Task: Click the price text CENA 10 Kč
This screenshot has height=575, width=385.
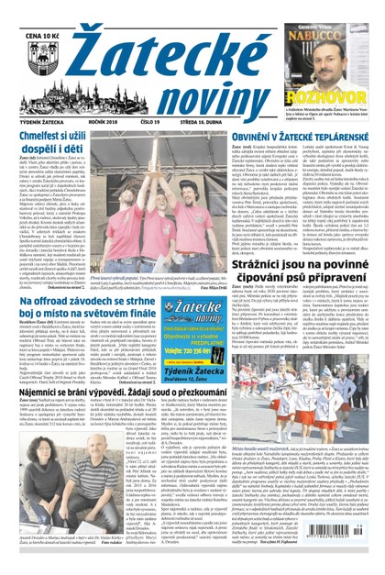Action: pyautogui.click(x=32, y=9)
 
